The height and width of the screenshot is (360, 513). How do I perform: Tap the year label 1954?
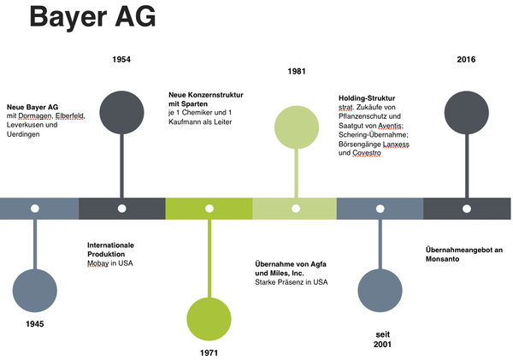pyautogui.click(x=121, y=59)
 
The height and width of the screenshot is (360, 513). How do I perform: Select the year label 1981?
pyautogui.click(x=297, y=71)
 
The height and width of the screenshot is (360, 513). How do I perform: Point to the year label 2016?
pyautogui.click(x=466, y=59)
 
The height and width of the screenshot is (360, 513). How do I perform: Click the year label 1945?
pyautogui.click(x=34, y=324)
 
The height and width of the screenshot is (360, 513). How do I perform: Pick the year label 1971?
pyautogui.click(x=209, y=351)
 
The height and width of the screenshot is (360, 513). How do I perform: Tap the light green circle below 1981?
pyautogui.click(x=296, y=125)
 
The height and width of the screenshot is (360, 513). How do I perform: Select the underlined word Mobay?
pyautogui.click(x=98, y=263)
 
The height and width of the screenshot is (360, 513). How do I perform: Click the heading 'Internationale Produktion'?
pyautogui.click(x=111, y=250)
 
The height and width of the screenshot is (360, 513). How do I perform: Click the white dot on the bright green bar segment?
pyautogui.click(x=209, y=209)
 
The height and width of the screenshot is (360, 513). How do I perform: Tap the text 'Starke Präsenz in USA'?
pyautogui.click(x=292, y=280)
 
